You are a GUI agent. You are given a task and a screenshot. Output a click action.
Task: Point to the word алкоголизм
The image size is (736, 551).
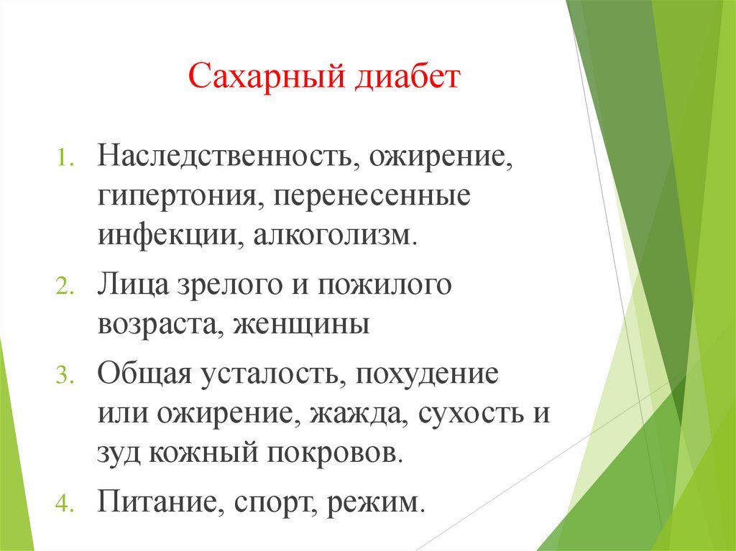(333, 237)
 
